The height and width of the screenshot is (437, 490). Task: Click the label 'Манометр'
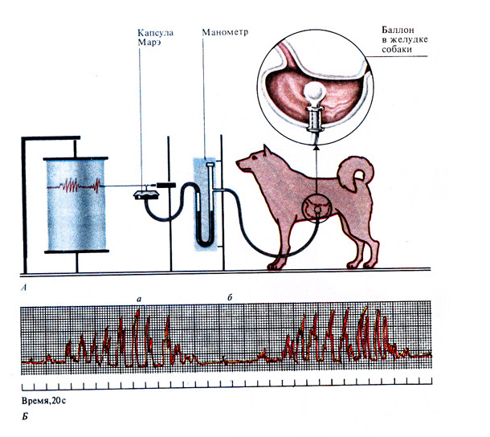point(225,32)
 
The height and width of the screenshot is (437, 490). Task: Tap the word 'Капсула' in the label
point(155,33)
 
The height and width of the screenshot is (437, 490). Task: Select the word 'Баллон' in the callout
point(398,30)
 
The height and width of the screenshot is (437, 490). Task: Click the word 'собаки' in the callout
point(397,49)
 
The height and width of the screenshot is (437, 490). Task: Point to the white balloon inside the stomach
point(315,92)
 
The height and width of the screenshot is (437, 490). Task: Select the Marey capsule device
point(146,194)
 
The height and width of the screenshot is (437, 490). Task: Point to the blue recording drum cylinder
point(76,205)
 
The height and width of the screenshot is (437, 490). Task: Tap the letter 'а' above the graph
point(139,300)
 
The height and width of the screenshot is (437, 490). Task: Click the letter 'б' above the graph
point(230,297)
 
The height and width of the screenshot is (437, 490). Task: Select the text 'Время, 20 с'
point(43,401)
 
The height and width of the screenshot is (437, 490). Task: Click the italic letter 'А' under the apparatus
point(24,288)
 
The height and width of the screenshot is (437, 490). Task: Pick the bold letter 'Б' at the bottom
point(25,417)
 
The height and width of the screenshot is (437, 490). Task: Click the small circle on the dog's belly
point(316,206)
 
